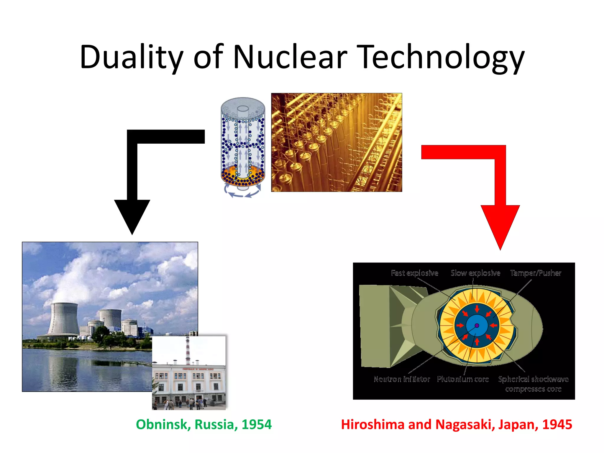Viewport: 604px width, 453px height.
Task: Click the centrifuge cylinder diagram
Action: (x=243, y=145)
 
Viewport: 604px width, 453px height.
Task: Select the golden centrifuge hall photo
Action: (x=337, y=142)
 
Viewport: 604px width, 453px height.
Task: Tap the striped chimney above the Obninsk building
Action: (x=188, y=351)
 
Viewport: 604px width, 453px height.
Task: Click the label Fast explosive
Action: (x=414, y=273)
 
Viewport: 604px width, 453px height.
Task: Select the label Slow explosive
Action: (x=475, y=273)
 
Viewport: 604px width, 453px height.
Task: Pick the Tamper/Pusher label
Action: (x=536, y=273)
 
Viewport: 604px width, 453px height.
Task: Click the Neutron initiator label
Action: (x=402, y=379)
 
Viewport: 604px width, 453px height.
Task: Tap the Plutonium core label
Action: (x=463, y=379)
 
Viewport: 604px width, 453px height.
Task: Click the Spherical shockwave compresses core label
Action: (x=533, y=384)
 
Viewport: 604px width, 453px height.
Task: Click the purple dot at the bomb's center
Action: (x=477, y=326)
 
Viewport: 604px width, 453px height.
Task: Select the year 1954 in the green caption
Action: (x=256, y=425)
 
